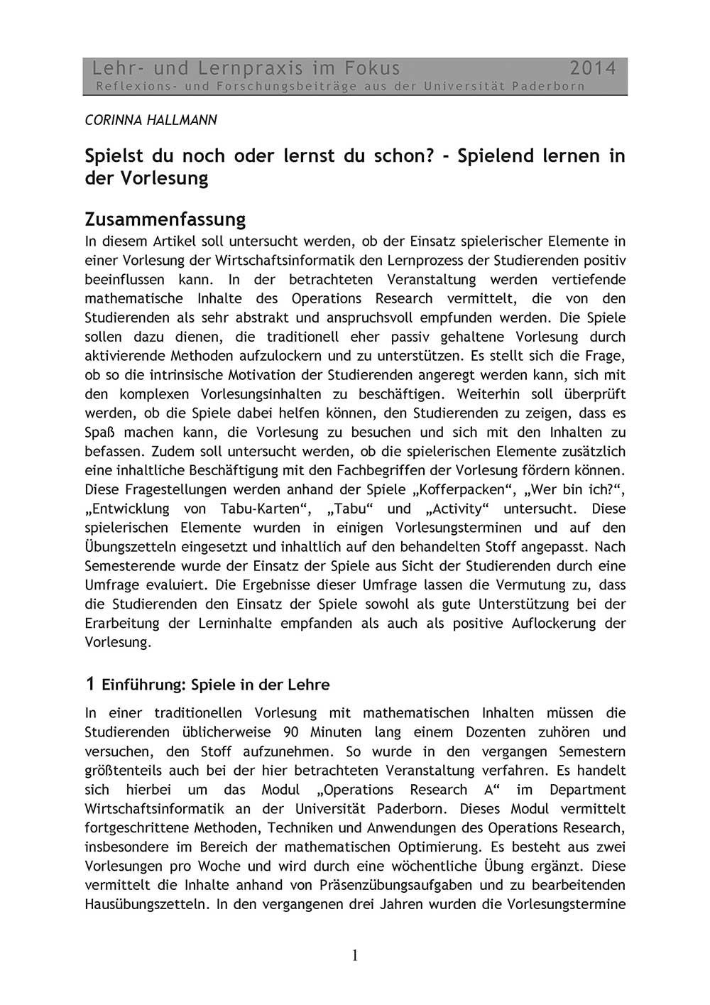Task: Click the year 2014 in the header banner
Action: pos(593,68)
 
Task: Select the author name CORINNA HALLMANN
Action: pos(151,120)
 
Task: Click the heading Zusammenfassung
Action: pos(165,217)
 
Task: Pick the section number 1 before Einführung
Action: pos(89,684)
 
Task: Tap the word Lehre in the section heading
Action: pos(309,685)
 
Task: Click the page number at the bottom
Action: pos(355,956)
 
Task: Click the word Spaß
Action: pos(99,432)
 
